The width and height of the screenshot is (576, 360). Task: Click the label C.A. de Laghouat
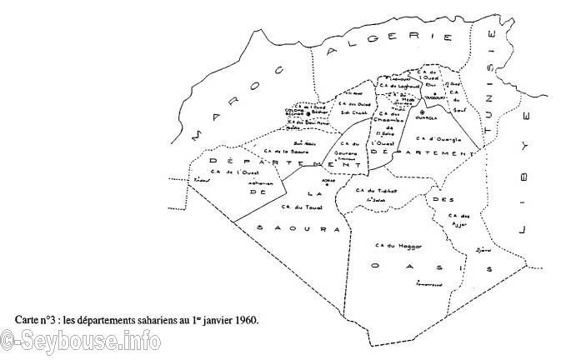coord(397,85)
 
